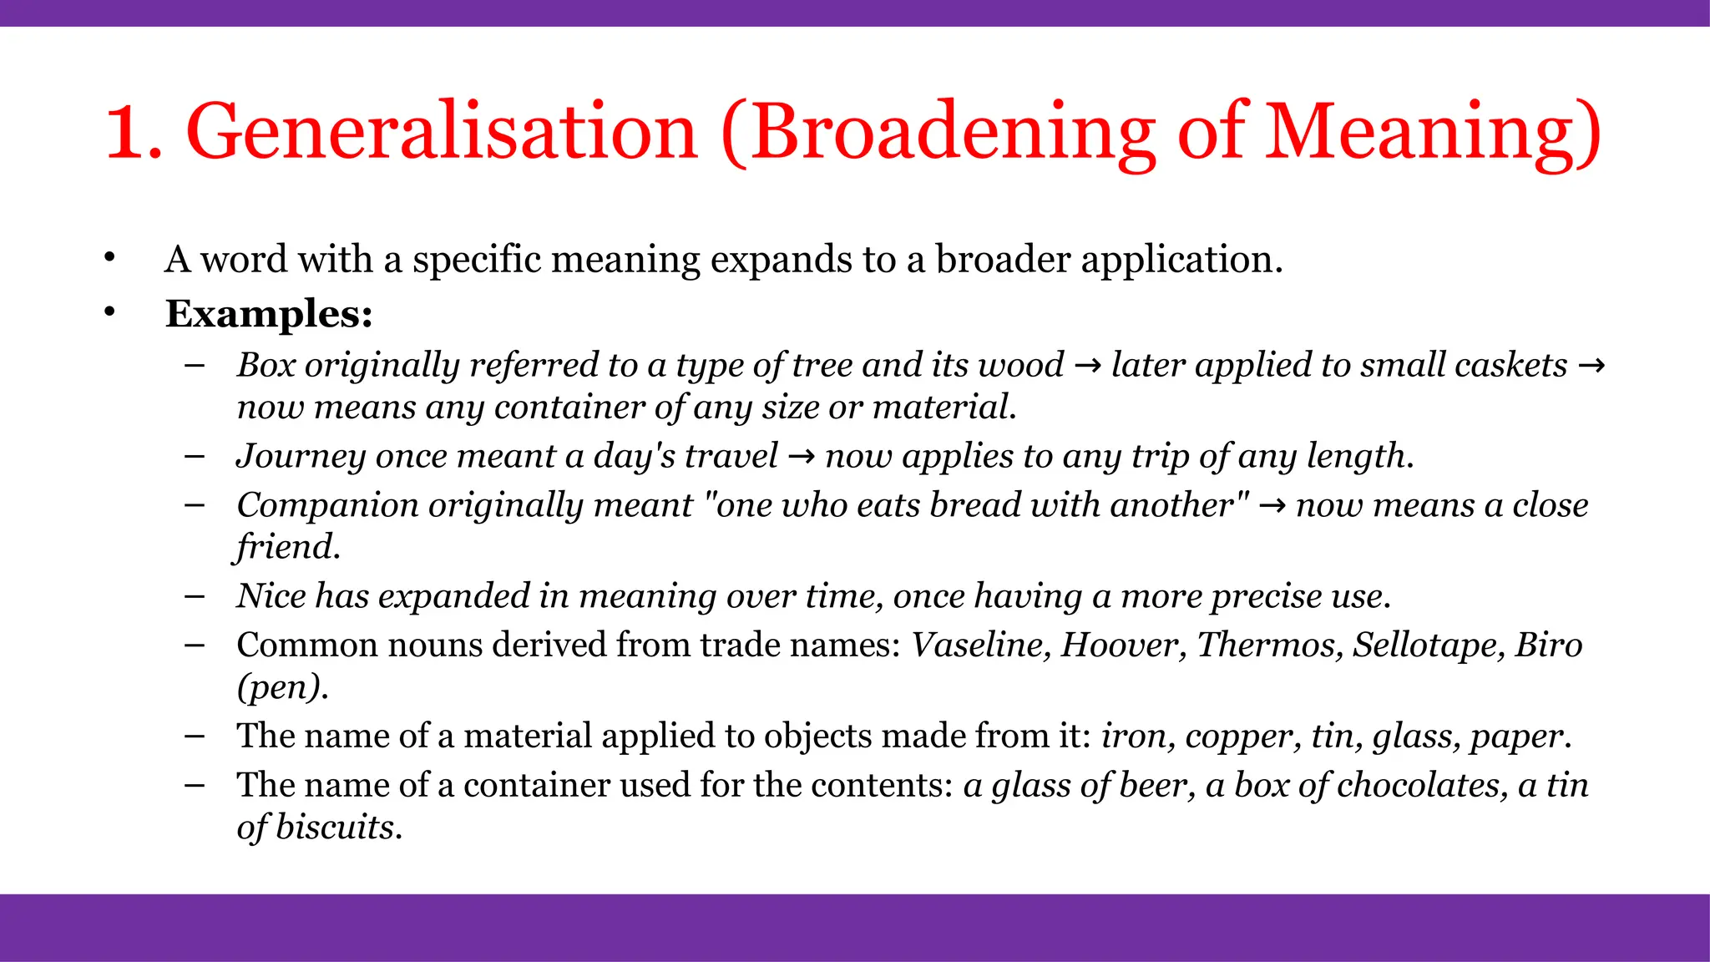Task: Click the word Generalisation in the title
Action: (442, 132)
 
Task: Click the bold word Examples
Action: (268, 314)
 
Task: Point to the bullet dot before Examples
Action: (109, 312)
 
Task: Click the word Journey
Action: (300, 456)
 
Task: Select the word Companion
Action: (327, 505)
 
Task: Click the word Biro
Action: (1549, 645)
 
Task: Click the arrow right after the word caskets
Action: (1591, 366)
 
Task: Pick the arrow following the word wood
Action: (1087, 366)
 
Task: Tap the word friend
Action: (286, 547)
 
